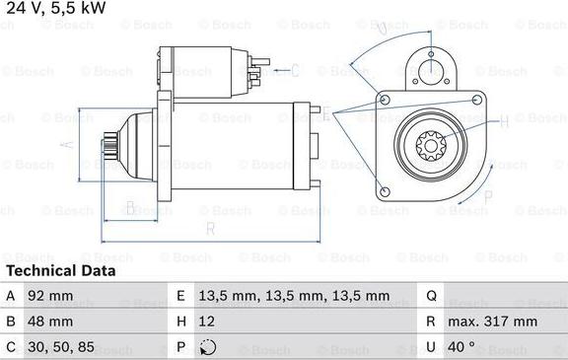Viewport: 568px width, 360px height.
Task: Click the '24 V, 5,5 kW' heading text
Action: pyautogui.click(x=55, y=9)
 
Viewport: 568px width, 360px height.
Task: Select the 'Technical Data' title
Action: pyautogui.click(x=60, y=270)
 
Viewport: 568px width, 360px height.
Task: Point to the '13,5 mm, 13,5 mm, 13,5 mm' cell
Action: pyautogui.click(x=280, y=295)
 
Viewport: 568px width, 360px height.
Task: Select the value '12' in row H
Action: pyautogui.click(x=206, y=322)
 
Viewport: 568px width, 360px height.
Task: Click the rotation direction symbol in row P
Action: pyautogui.click(x=206, y=348)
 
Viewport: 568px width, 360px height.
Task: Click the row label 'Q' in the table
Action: pyautogui.click(x=431, y=295)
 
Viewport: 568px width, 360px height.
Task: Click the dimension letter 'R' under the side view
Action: pyautogui.click(x=211, y=229)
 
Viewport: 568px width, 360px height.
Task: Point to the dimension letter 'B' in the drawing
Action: pyautogui.click(x=129, y=208)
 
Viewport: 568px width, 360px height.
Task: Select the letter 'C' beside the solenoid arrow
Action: pyautogui.click(x=295, y=69)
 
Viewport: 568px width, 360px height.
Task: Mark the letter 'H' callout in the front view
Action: pyautogui.click(x=503, y=122)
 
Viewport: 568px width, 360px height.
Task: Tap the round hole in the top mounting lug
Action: pyautogui.click(x=430, y=68)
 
